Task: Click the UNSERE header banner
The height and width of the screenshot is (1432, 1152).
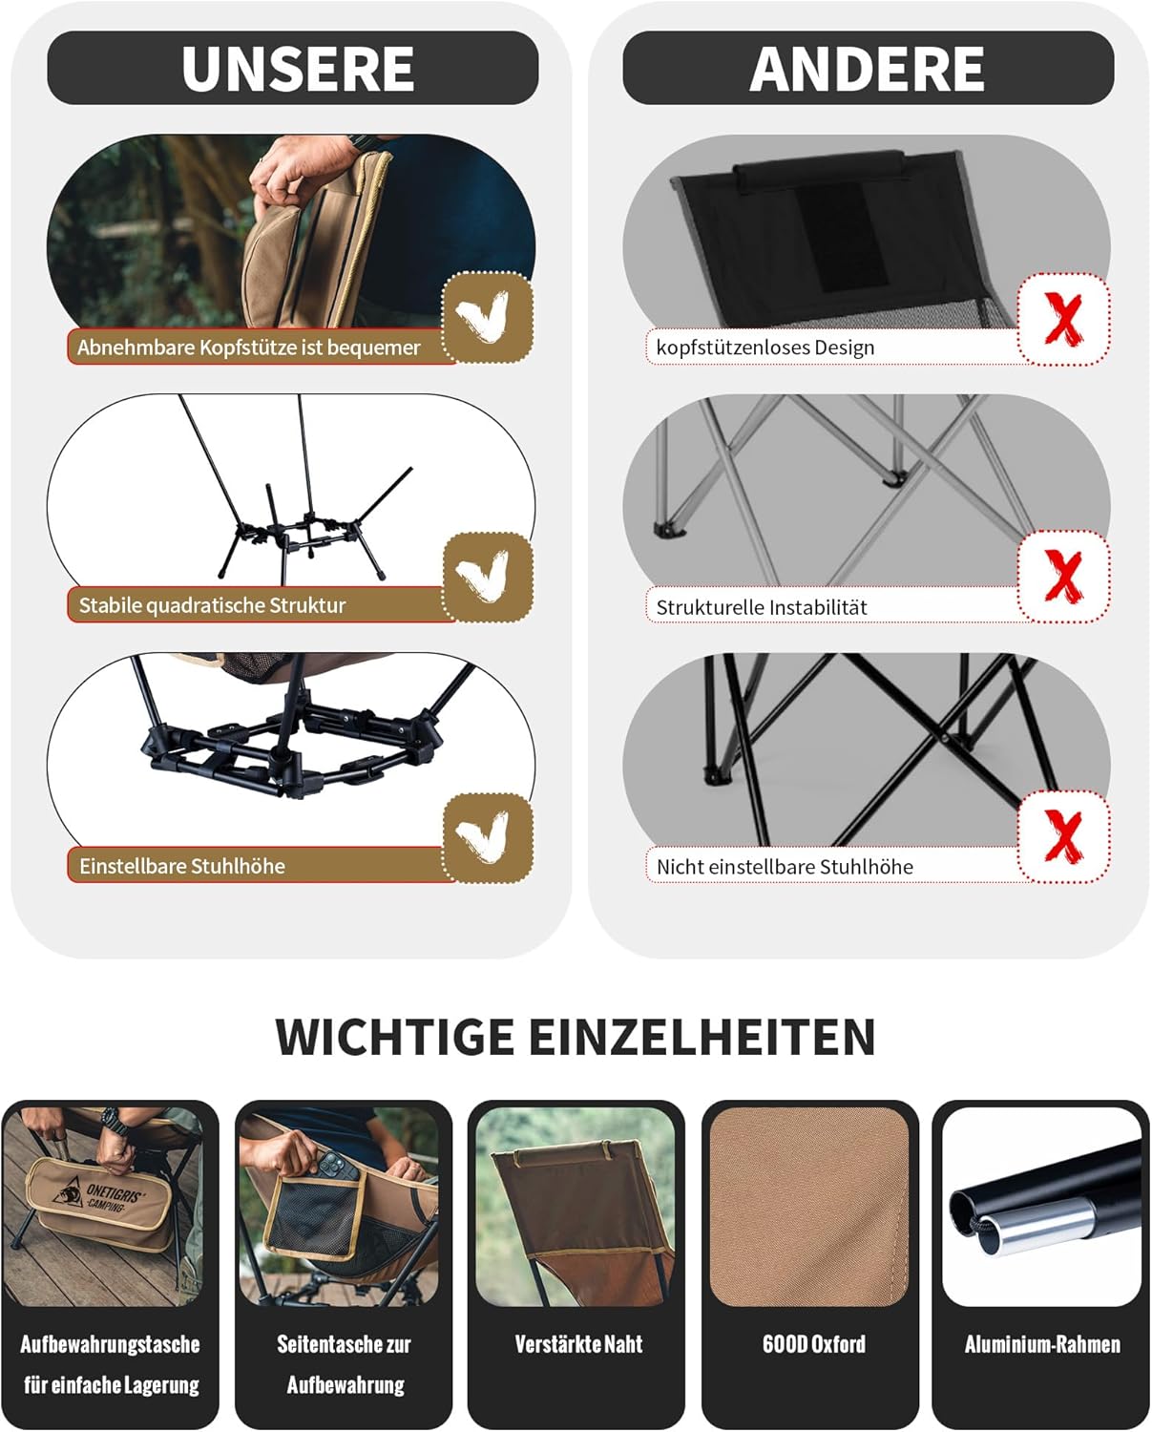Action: tap(293, 68)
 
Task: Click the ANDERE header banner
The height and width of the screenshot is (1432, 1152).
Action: tap(868, 68)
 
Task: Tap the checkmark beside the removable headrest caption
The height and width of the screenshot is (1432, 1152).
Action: tap(488, 318)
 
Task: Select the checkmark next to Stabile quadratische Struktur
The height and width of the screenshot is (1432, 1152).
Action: tap(488, 577)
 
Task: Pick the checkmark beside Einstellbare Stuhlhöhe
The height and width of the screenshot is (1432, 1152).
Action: tap(488, 837)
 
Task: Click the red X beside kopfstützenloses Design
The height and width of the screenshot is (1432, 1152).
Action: tap(1063, 319)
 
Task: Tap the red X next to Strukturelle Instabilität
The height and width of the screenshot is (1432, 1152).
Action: tap(1063, 577)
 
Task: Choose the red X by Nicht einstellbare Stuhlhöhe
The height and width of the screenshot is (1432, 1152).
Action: tap(1063, 836)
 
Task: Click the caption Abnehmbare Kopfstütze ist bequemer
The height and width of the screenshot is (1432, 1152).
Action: tap(248, 347)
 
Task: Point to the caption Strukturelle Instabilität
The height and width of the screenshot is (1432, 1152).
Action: tap(762, 607)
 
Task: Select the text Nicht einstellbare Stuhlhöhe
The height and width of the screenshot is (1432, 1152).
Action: tap(785, 867)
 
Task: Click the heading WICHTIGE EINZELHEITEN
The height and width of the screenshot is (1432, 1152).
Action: tap(576, 1037)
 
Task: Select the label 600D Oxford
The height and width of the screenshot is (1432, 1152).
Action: tap(813, 1344)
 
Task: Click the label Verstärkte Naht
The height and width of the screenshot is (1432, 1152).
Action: tap(578, 1344)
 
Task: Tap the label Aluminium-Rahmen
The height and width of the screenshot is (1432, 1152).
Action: tap(1042, 1344)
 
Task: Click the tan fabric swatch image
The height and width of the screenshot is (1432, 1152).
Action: tap(809, 1205)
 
